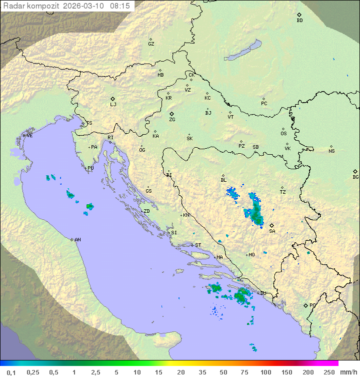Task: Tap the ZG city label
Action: coord(172,120)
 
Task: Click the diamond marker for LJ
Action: coord(113,99)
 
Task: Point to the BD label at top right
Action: coord(299,21)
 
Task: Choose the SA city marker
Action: coord(272,225)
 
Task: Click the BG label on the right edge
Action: coord(355,177)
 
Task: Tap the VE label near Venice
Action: coord(29,136)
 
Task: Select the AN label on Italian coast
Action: coord(77,240)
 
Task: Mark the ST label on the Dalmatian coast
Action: coord(198,245)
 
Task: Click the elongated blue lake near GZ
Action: coord(243,51)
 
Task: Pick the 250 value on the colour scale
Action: coord(329,372)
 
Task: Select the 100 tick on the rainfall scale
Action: coord(265,372)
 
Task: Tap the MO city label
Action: coord(251,255)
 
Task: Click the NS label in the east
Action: coord(331,151)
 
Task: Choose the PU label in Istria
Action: coord(90,168)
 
